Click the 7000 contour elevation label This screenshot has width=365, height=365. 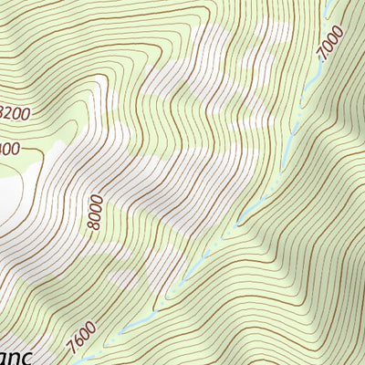tap(331, 43)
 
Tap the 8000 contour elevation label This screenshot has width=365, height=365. tap(97, 212)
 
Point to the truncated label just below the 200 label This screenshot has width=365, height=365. tap(9, 147)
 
